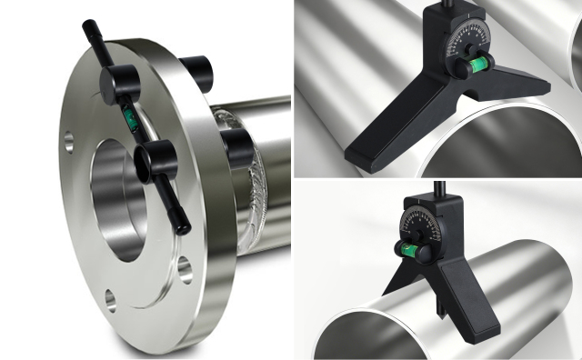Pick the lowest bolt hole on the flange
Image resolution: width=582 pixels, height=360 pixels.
pyautogui.click(x=111, y=298)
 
